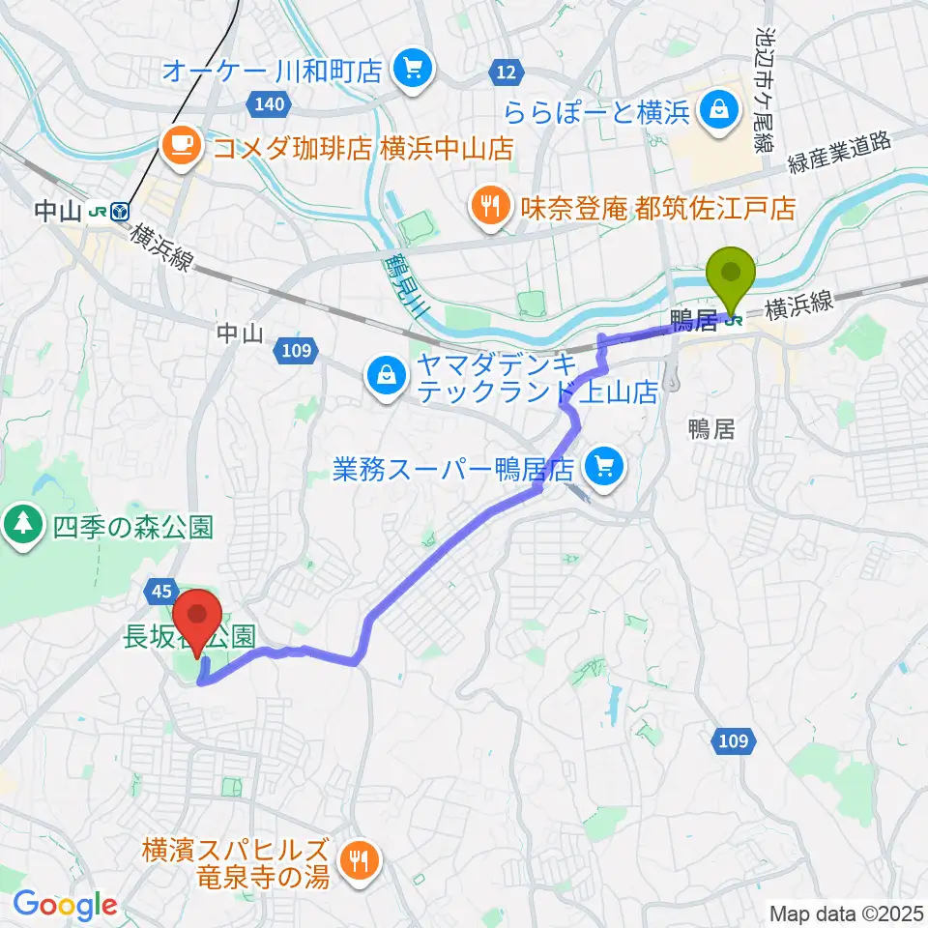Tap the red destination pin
click(x=199, y=615)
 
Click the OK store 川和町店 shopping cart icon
click(x=415, y=69)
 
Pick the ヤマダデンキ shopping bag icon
click(x=386, y=372)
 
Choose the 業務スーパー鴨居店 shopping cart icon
click(x=605, y=470)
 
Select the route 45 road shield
click(x=162, y=589)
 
